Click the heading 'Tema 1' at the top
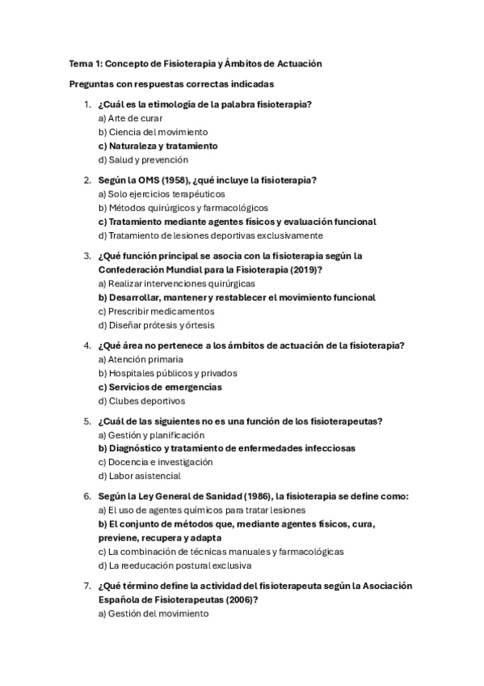pos(82,63)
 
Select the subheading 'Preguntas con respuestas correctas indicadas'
pos(171,83)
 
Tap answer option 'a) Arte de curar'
pos(130,117)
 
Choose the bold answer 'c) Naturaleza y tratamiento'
pos(158,146)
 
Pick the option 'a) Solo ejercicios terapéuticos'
pos(162,194)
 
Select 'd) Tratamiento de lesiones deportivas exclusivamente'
pos(210,235)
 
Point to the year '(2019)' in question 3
pos(305,269)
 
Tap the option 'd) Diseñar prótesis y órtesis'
pos(156,325)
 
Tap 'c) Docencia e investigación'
pos(155,462)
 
